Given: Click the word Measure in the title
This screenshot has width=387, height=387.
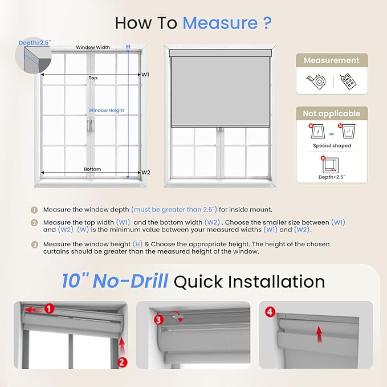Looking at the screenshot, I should (x=220, y=23).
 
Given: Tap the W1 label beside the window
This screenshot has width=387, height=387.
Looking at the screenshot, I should (x=145, y=74).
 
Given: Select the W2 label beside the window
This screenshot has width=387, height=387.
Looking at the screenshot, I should (x=145, y=172).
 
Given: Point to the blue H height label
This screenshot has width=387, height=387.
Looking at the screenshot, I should (x=128, y=47).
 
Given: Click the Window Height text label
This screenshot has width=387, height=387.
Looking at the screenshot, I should (x=106, y=111).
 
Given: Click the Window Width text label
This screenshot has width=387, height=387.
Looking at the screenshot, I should (x=93, y=47).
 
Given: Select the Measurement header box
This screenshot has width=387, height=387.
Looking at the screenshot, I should (x=331, y=60).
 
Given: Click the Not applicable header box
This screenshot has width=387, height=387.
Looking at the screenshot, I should (x=331, y=113).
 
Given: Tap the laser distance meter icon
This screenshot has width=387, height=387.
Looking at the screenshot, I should (x=347, y=82).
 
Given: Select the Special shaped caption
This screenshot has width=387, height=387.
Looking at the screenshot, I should (x=331, y=146).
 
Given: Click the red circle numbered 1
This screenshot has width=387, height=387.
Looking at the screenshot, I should (x=49, y=309).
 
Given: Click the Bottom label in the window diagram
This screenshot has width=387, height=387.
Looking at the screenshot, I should (x=92, y=169).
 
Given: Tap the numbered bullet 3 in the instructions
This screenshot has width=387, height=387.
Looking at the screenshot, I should (x=34, y=244).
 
